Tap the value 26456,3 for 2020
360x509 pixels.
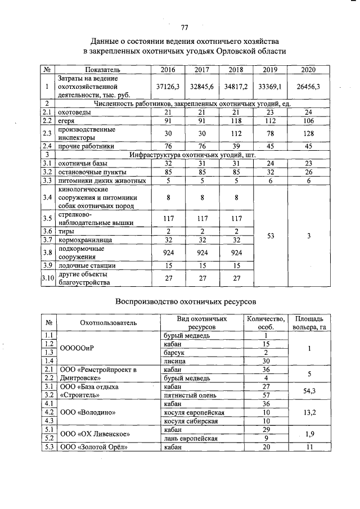(x=308, y=87)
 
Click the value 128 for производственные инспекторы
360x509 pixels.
(x=308, y=133)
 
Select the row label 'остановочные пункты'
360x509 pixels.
(x=93, y=172)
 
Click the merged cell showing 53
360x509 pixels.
(x=270, y=237)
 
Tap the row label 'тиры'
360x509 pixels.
(x=67, y=231)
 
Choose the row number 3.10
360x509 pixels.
(x=48, y=278)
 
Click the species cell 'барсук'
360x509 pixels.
(x=173, y=352)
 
